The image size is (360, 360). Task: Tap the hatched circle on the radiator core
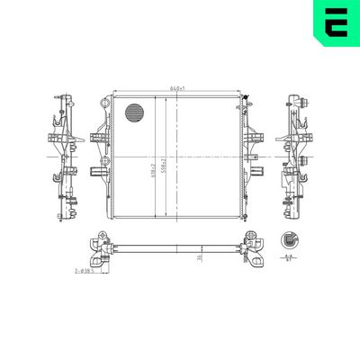pos(133,112)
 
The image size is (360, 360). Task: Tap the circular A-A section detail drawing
pos(290,239)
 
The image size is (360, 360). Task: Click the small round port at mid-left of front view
pos(105,162)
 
